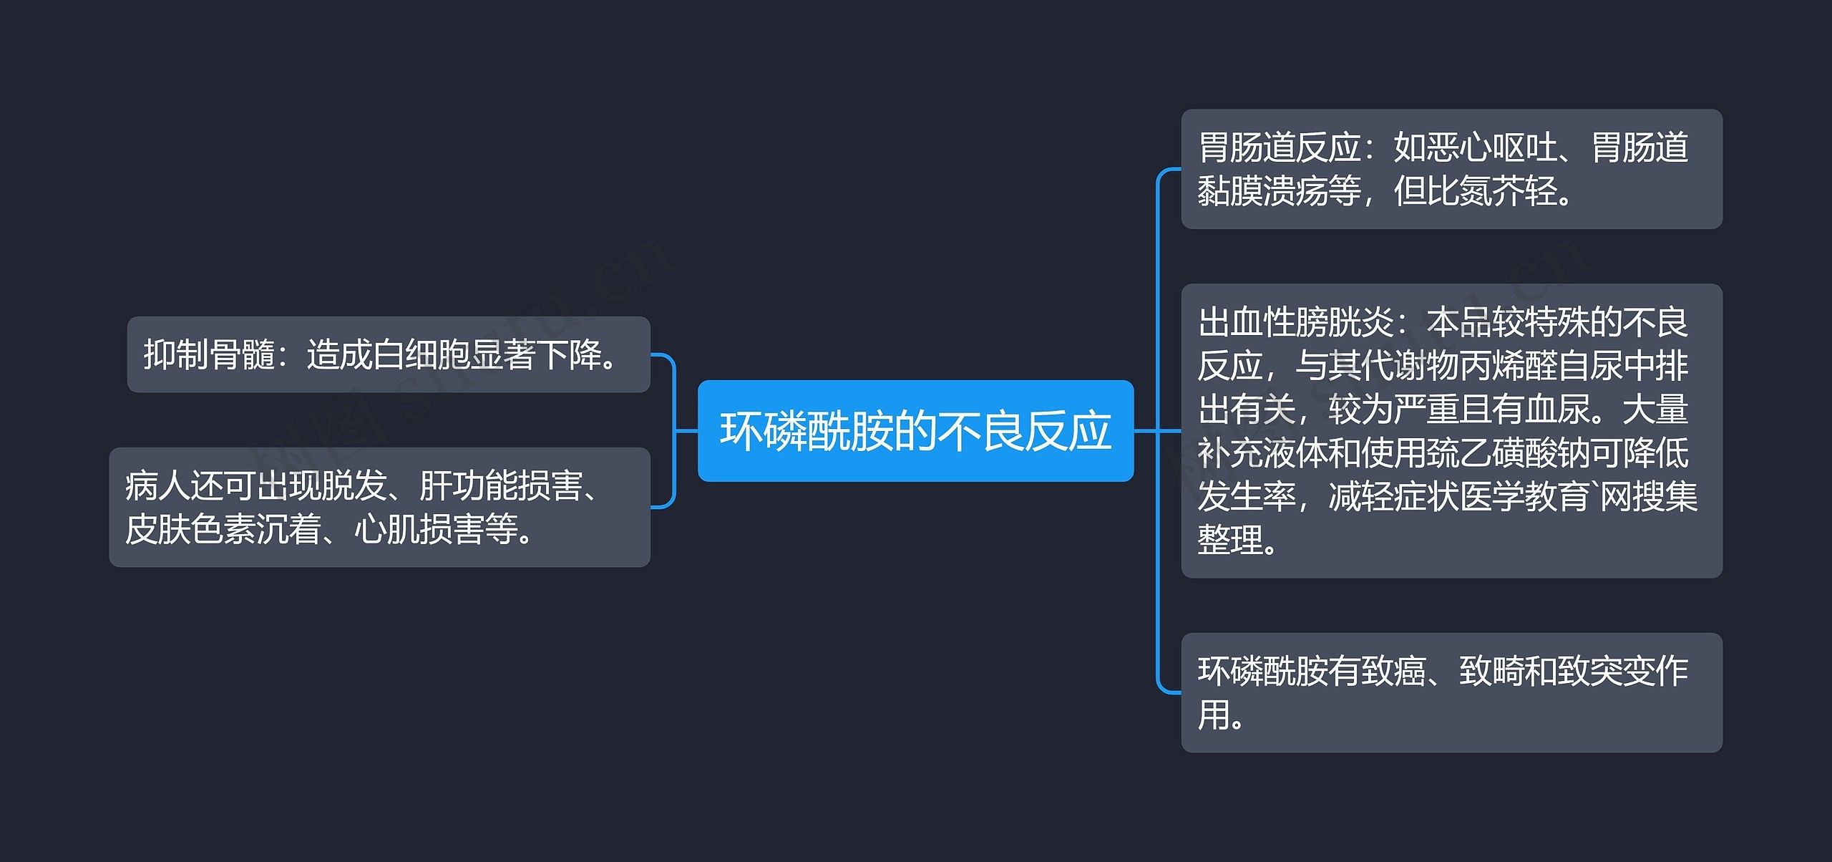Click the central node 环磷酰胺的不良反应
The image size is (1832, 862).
pyautogui.click(x=915, y=431)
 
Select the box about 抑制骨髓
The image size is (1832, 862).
pyautogui.click(x=389, y=354)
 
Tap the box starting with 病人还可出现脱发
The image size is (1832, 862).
pyautogui.click(x=379, y=508)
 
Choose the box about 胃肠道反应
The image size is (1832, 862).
pyautogui.click(x=1451, y=169)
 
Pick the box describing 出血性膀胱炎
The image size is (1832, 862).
pyautogui.click(x=1451, y=431)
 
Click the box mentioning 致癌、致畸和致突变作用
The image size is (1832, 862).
pyautogui.click(x=1451, y=692)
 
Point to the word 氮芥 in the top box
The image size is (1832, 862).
pyautogui.click(x=1491, y=191)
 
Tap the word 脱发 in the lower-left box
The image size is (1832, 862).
pyautogui.click(x=354, y=486)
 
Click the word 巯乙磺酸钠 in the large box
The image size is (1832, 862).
pyautogui.click(x=1509, y=453)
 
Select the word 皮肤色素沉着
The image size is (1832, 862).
pyautogui.click(x=223, y=530)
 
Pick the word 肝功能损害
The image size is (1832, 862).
pyautogui.click(x=501, y=486)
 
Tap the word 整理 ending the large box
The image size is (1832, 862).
pyautogui.click(x=1230, y=541)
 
